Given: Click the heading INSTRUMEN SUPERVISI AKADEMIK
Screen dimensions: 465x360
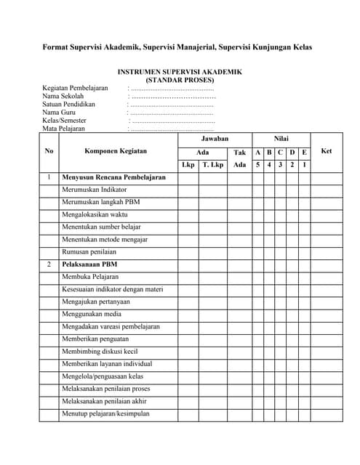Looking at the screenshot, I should tap(180, 72).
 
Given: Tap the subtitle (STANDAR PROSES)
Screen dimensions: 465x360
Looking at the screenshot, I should tap(180, 80).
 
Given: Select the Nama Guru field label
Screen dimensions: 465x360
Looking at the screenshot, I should tap(60, 112).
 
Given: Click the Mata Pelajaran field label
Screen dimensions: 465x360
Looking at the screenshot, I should tap(64, 129).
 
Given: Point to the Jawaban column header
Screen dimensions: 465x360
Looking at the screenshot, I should tap(215, 138).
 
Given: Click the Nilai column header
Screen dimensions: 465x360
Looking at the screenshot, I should tap(281, 138).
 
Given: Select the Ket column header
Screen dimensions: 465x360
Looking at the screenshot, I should tap(326, 151).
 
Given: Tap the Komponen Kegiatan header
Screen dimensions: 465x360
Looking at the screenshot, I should tap(116, 151).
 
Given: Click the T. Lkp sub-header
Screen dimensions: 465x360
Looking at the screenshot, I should tap(213, 165).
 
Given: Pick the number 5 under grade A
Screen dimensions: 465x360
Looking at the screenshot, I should tap(257, 165).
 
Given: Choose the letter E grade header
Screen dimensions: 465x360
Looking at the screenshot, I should tap(304, 152).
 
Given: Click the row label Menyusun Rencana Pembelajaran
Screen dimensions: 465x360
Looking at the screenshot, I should tap(114, 177).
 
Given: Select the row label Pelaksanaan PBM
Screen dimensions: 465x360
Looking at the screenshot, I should tap(89, 264).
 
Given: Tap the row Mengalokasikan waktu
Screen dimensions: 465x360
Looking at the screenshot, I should tap(95, 214).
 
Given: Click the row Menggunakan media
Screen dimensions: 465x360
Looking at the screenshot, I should tap(91, 314).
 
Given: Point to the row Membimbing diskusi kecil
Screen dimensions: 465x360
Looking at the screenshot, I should tap(99, 352).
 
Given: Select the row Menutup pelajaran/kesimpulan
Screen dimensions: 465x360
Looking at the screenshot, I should tap(105, 413).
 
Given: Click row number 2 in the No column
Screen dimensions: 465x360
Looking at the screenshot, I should tap(49, 264).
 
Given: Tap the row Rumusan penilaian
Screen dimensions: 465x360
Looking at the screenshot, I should tap(89, 251).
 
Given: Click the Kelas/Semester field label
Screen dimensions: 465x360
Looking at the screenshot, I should tap(64, 121).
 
